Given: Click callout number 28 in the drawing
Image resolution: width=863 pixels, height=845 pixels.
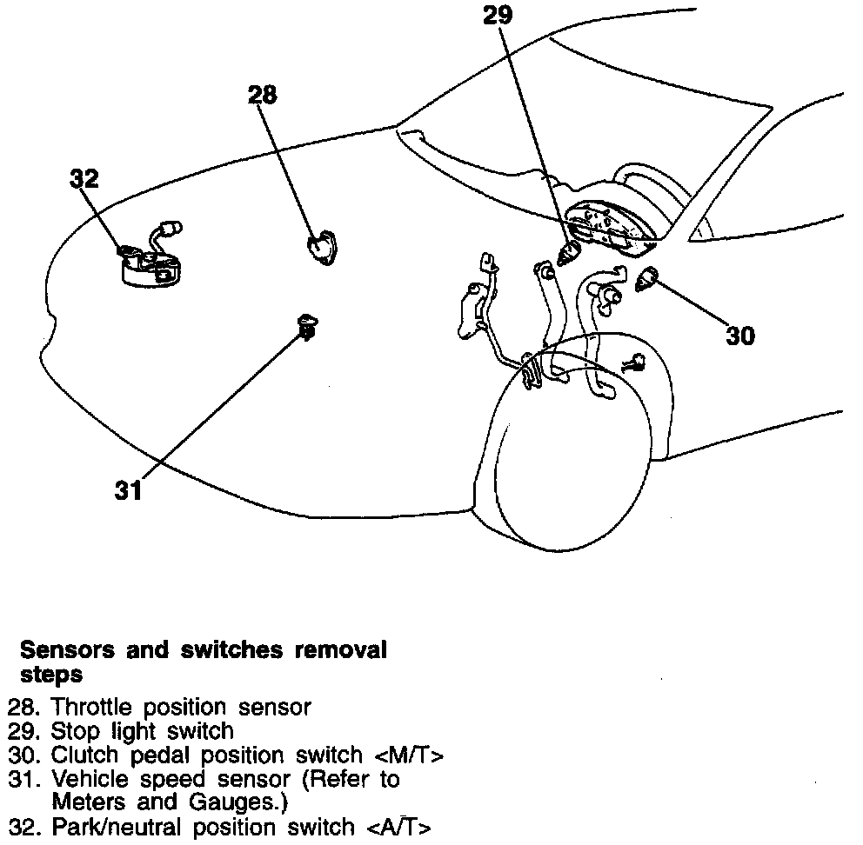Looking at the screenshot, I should tap(262, 95).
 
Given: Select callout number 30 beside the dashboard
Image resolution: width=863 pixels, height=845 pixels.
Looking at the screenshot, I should tap(740, 335).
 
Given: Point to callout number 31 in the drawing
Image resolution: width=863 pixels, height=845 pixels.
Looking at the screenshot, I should tap(128, 490).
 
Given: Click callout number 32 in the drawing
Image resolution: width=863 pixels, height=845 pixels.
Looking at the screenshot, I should tap(84, 178).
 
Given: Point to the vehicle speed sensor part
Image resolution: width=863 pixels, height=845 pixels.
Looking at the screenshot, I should tap(306, 327).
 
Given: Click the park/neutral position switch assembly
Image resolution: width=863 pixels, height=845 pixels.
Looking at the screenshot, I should tap(150, 258).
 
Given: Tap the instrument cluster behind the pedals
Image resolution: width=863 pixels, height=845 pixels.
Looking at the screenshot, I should tap(607, 224).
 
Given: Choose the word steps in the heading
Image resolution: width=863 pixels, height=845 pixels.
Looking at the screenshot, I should tap(50, 674).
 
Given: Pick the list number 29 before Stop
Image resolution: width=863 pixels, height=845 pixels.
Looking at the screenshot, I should tap(21, 731).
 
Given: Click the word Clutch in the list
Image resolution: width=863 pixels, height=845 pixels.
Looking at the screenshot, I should tap(83, 755).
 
